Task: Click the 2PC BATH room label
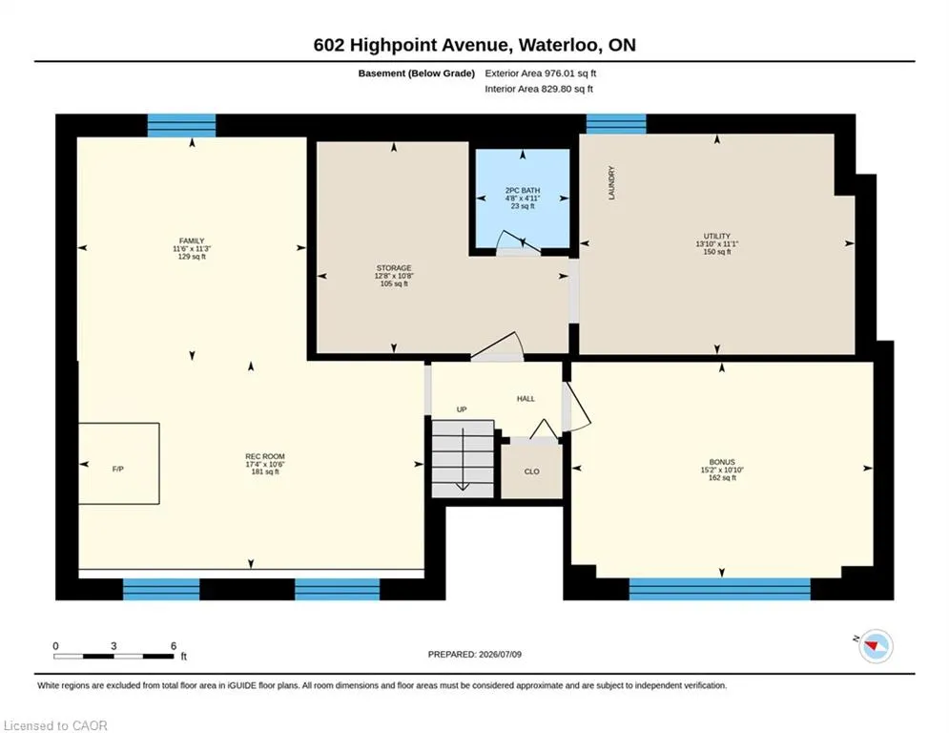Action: pos(523,190)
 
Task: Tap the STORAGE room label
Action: pos(394,268)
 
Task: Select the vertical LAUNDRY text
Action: pos(611,183)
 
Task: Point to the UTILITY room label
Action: pos(717,237)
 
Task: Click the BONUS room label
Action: pos(722,462)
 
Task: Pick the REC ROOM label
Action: pos(265,456)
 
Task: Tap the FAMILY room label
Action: pos(192,241)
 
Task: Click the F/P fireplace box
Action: pos(118,464)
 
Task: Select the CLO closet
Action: pos(532,471)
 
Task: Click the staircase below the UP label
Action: pos(463,459)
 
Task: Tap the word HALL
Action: pos(526,399)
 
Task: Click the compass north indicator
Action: pos(875,646)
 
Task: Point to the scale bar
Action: pos(113,656)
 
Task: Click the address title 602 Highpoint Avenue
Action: pos(410,45)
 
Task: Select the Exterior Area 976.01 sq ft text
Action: pos(541,73)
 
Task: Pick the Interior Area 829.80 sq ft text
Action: pos(539,89)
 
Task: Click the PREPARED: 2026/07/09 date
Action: pos(475,654)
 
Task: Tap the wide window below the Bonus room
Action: pos(719,589)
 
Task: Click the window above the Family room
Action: pos(181,125)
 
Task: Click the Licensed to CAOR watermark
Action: pos(55,725)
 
